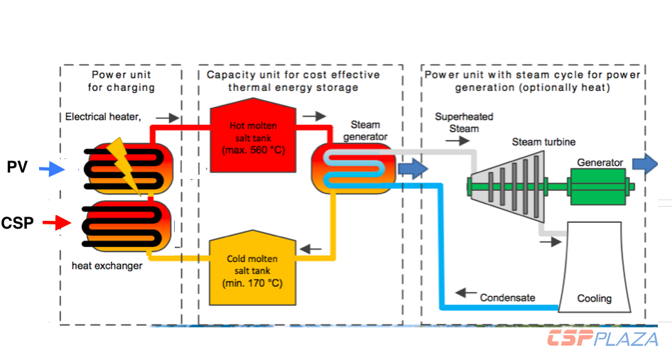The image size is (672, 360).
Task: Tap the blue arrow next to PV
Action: click(x=50, y=169)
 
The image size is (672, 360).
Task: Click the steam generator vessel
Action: click(x=352, y=168)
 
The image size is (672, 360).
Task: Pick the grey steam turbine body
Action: click(x=504, y=186)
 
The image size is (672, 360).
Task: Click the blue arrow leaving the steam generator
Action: click(x=413, y=168)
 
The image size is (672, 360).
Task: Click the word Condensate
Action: click(x=508, y=297)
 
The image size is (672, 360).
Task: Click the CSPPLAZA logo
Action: click(x=602, y=339)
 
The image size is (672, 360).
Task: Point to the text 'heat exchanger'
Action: click(x=107, y=266)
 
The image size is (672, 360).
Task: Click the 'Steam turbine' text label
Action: click(x=543, y=142)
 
